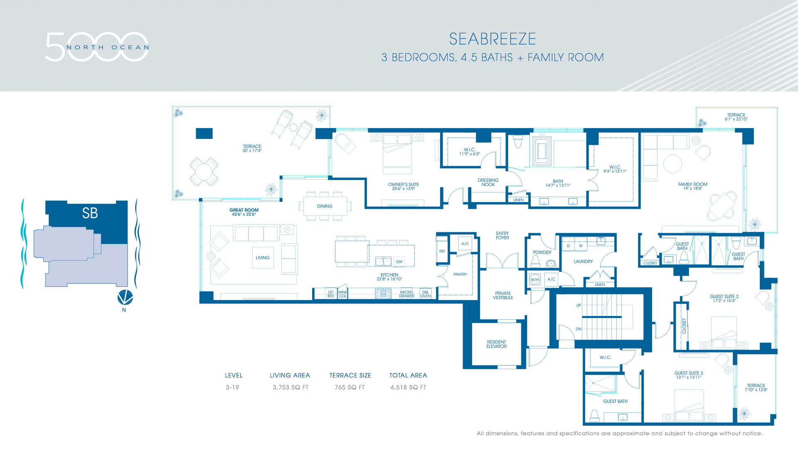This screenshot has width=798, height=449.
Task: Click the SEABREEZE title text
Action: (493, 39)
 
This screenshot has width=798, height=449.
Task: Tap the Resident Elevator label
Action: (496, 344)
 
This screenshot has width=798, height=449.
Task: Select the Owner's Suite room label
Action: (403, 186)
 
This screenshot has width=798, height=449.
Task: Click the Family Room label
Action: (692, 186)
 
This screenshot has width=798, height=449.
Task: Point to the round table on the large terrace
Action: (204, 171)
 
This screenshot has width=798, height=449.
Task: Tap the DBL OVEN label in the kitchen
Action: (426, 294)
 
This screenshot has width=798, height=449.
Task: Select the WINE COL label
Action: (342, 294)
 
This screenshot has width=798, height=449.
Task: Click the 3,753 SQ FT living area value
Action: (290, 387)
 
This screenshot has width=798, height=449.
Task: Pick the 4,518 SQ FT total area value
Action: (408, 387)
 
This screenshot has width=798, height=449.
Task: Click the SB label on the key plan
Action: (90, 213)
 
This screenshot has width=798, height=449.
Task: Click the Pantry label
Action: (460, 274)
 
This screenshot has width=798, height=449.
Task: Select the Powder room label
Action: (542, 252)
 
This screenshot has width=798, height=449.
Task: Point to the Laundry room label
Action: (583, 262)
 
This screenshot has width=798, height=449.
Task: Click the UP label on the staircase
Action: (578, 306)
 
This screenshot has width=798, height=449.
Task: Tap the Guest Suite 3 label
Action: (688, 375)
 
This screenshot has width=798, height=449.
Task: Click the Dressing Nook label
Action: (488, 183)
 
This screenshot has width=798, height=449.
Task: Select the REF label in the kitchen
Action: (442, 251)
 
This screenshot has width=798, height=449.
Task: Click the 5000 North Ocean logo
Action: (97, 47)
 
